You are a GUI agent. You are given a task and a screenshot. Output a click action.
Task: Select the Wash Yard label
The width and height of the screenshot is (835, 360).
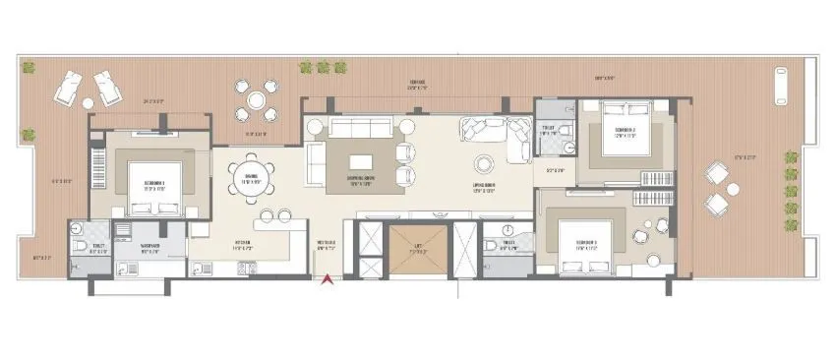[x=149, y=247]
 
